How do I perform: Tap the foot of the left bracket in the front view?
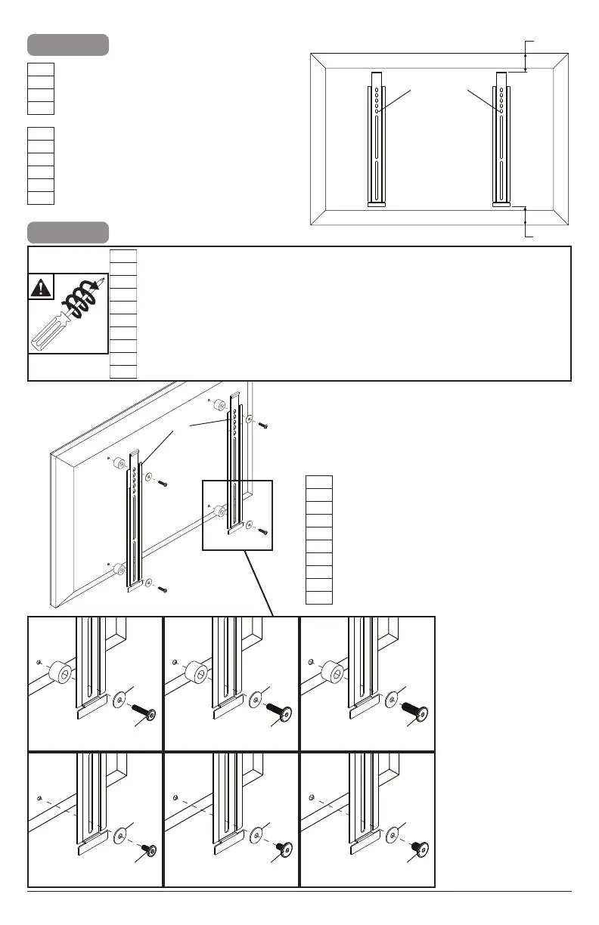click(x=376, y=203)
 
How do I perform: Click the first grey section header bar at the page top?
click(x=68, y=45)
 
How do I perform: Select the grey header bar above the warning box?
click(x=68, y=231)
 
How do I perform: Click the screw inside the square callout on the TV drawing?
click(x=262, y=531)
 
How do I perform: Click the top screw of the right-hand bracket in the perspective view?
click(x=262, y=425)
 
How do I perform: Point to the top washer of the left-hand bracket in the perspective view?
click(x=149, y=478)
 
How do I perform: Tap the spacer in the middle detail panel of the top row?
click(x=196, y=672)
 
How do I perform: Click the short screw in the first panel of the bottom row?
click(x=148, y=851)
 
